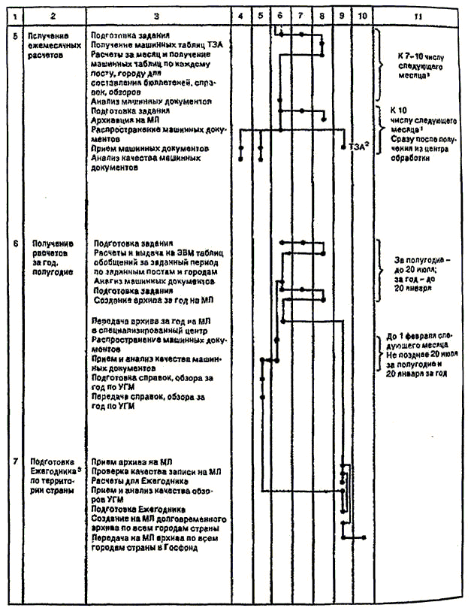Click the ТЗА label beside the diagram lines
click(x=359, y=147)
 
